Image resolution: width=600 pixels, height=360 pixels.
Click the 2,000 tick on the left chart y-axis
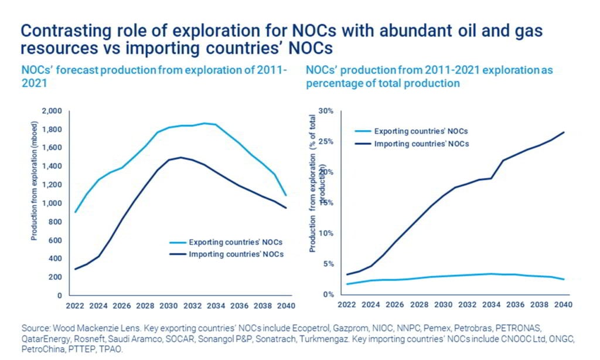coord(51,110)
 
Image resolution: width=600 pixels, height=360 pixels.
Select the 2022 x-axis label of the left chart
coord(74,306)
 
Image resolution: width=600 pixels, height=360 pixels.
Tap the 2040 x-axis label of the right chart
coord(562,305)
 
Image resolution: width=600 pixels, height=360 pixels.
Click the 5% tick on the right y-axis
coord(328,264)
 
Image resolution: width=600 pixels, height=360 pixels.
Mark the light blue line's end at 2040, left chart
coord(285,195)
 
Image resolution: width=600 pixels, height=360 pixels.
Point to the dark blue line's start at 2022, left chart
coord(75,269)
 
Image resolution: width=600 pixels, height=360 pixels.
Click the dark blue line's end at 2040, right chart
coord(564,132)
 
